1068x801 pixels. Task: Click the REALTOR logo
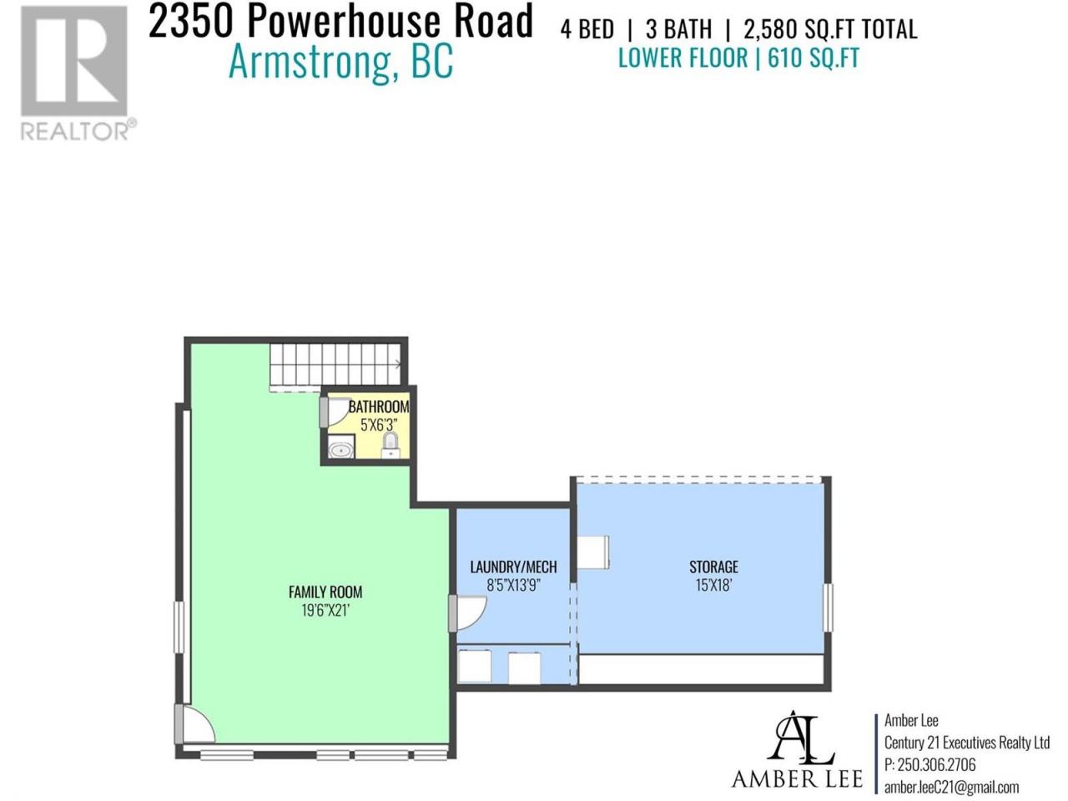coord(78,73)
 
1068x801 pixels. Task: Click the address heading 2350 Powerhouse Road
coord(340,21)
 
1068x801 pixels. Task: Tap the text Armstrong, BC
coord(340,61)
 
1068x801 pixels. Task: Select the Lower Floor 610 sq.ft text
coord(738,58)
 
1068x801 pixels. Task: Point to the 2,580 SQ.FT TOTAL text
coord(830,29)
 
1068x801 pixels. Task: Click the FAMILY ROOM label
coord(325,592)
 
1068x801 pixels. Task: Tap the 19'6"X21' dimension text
coord(325,611)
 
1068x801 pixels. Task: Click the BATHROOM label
coord(379,406)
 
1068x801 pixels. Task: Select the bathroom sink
coord(341,446)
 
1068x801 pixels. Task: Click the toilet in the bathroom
coord(390,446)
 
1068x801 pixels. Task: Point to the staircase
coord(335,367)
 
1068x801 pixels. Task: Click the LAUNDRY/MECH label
coord(513,567)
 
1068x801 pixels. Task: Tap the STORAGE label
coord(713,567)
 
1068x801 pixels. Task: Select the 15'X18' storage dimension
coord(713,585)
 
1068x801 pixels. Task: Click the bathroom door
coord(332,413)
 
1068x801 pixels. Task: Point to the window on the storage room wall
coord(828,607)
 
